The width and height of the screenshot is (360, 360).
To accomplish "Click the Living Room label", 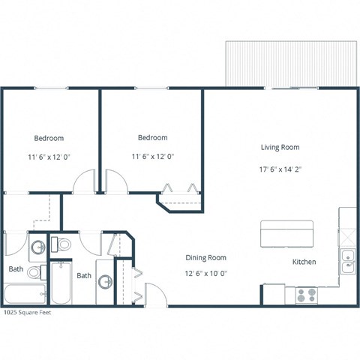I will click(x=280, y=147).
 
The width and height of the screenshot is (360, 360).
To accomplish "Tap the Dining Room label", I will click(x=205, y=258).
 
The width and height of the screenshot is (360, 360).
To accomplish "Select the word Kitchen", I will click(x=304, y=262).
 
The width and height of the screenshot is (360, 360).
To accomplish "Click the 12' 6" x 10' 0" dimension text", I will click(x=205, y=274).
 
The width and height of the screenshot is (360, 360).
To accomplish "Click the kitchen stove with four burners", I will click(x=305, y=295).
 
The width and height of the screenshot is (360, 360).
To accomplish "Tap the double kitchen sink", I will click(x=348, y=262).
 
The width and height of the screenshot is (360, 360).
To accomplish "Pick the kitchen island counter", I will click(x=286, y=232).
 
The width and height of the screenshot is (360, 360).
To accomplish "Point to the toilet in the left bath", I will click(x=37, y=245).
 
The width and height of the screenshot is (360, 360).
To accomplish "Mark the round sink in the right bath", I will click(x=106, y=283).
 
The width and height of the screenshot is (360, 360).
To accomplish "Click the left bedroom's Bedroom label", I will click(x=49, y=139).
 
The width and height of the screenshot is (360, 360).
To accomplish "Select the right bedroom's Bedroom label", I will click(x=152, y=138).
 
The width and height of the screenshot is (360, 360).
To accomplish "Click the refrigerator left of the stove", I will click(x=274, y=294).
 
